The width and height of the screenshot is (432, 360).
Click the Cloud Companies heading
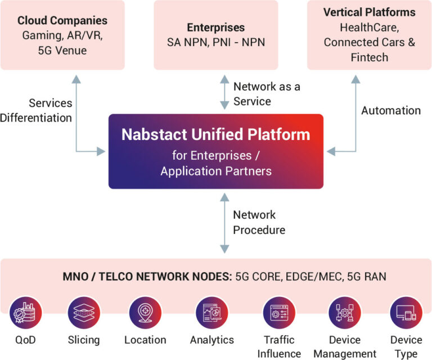(62, 21)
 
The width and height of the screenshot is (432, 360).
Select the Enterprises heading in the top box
(216, 28)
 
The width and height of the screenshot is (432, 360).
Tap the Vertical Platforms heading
(370, 12)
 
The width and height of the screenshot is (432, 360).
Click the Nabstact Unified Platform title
(216, 135)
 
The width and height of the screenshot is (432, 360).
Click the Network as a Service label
(259, 94)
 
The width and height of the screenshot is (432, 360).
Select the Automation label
(390, 110)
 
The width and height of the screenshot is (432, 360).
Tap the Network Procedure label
(259, 222)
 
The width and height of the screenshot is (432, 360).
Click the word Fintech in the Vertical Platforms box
(370, 57)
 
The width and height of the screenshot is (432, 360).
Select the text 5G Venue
(62, 51)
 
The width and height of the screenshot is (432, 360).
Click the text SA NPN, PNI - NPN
(216, 42)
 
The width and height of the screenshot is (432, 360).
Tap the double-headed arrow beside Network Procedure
(224, 222)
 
